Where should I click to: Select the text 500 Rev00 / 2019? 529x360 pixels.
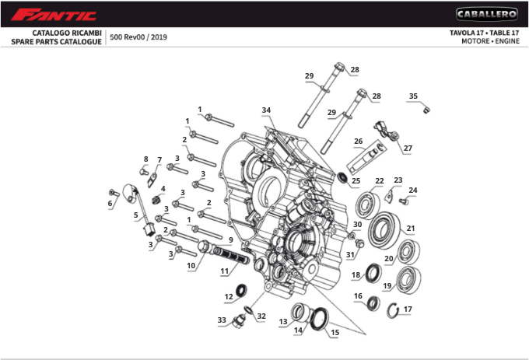(138, 37)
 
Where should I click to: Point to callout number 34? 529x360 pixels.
(266, 110)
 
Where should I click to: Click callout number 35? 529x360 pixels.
(413, 96)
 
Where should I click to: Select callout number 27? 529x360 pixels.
(408, 148)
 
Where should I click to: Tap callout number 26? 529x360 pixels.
(358, 142)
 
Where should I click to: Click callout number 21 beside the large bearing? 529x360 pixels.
(410, 229)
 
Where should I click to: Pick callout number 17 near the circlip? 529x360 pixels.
(408, 309)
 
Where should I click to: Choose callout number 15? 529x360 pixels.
(335, 332)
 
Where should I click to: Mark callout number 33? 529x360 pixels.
(222, 320)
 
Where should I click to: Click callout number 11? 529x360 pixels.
(224, 271)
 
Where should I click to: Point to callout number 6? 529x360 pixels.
(110, 203)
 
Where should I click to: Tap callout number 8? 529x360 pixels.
(145, 159)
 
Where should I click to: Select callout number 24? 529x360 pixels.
(413, 190)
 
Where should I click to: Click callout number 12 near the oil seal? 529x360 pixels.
(229, 297)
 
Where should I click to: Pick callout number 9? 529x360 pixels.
(230, 239)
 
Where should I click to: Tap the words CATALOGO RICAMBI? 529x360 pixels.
(66, 33)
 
